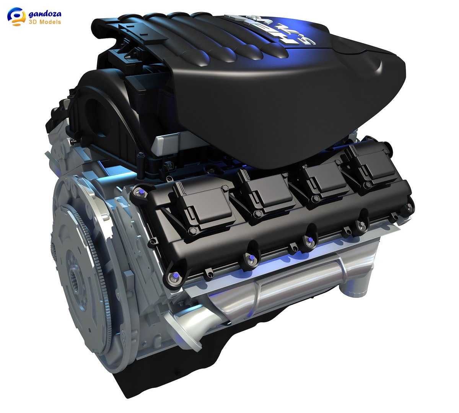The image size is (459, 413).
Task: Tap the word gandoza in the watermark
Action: click(x=45, y=14)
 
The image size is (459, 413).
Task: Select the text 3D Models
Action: click(x=45, y=22)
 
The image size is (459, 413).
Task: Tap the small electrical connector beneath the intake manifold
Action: click(x=167, y=167)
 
